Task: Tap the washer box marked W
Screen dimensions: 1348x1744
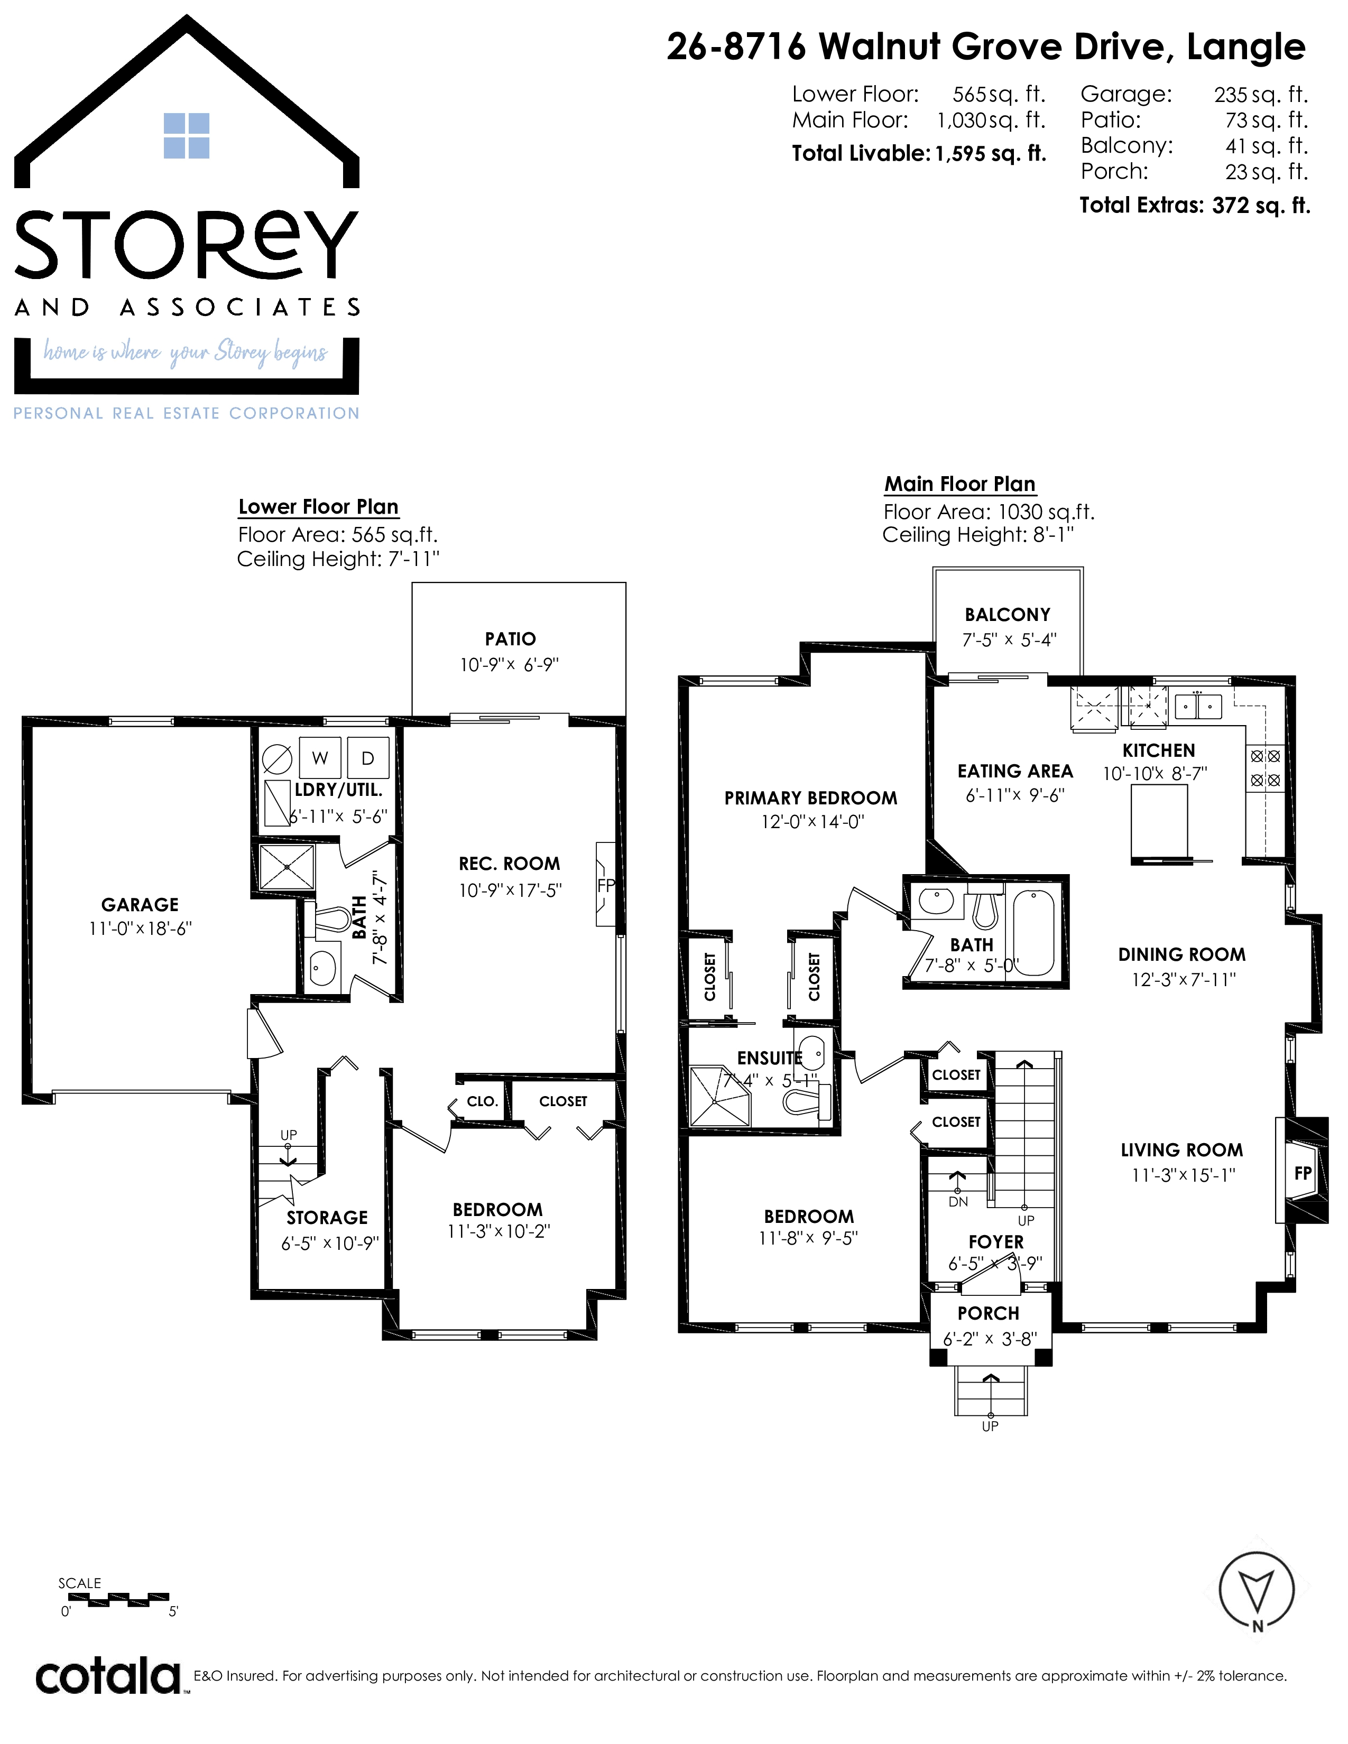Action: point(320,758)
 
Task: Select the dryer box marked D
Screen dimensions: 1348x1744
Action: point(368,758)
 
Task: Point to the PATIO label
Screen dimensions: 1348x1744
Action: point(510,639)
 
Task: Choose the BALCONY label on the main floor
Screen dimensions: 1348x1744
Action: point(1008,614)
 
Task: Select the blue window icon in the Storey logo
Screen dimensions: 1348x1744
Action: point(186,136)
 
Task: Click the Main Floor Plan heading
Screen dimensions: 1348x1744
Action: point(960,484)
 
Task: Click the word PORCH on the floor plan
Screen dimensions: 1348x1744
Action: point(989,1314)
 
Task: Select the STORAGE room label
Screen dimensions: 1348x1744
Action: point(327,1218)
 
